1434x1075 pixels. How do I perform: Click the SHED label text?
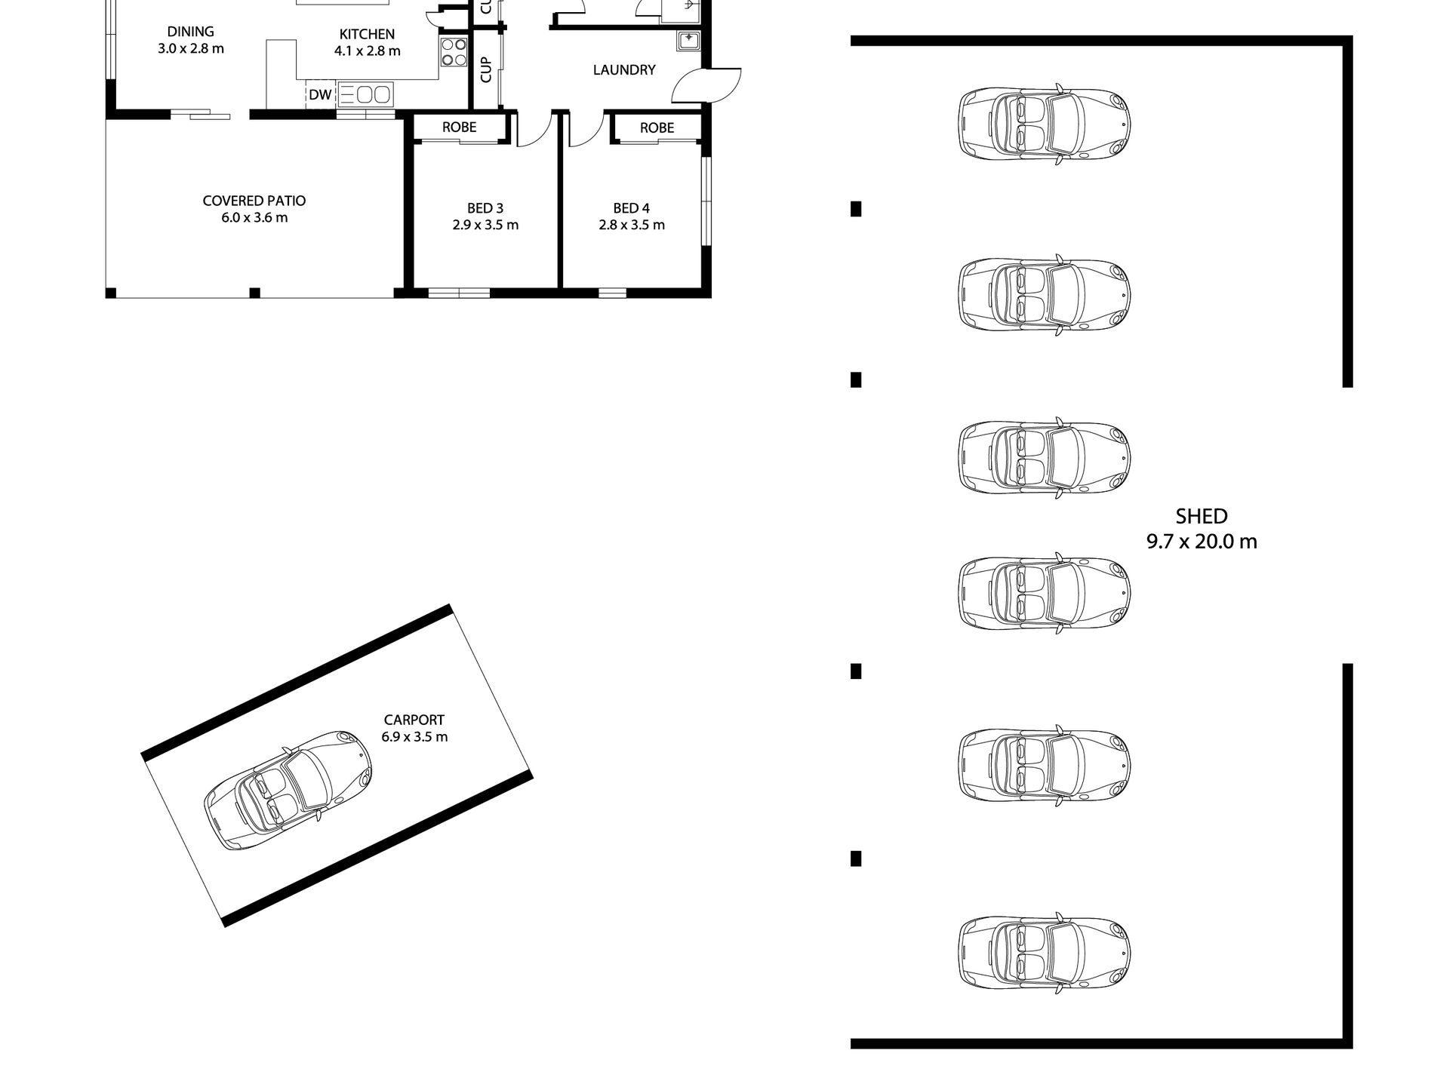tap(1202, 517)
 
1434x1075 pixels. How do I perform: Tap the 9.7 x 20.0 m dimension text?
tap(1202, 542)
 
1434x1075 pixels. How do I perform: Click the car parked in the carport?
tap(289, 789)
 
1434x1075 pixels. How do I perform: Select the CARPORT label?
tap(414, 720)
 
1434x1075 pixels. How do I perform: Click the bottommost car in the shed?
tap(1045, 953)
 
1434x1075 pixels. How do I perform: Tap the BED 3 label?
tap(485, 208)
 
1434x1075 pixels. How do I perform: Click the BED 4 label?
tap(631, 208)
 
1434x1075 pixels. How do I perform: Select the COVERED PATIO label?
tap(254, 201)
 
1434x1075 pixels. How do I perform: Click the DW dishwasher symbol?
tap(321, 95)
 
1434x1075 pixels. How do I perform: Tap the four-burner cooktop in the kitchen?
tap(454, 53)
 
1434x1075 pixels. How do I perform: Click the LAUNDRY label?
tap(623, 70)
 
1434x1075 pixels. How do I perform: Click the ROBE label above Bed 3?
tap(459, 127)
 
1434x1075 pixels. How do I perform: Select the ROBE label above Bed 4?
tap(657, 127)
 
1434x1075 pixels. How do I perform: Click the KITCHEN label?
tap(367, 34)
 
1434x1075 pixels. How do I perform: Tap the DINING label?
tap(190, 32)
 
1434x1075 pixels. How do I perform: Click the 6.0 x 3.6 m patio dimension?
tap(254, 218)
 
